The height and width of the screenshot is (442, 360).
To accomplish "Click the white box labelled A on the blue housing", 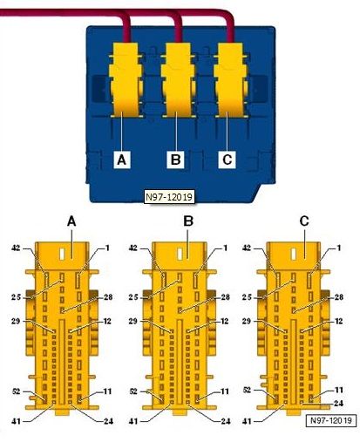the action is pos(122,160).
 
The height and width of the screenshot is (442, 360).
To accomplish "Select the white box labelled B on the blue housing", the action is pos(175,160).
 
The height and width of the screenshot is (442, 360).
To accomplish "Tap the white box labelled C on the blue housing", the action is pos(227,160).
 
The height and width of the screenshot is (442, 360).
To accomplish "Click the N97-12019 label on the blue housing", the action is pos(169,197).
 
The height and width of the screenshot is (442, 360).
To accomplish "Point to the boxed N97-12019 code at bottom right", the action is pos(331,420).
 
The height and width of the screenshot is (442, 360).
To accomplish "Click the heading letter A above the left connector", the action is pos(71,222).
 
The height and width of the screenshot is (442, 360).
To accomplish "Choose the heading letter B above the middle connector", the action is pos(188,221).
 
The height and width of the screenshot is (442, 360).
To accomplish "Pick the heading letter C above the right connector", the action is pos(304,221).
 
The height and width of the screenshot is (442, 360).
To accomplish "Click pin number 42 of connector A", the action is pos(16,248).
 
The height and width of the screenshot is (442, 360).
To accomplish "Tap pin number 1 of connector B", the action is pos(225,248).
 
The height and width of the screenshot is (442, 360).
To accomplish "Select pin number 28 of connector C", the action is pos(339,297).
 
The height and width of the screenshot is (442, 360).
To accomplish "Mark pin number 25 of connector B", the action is pos(133,297).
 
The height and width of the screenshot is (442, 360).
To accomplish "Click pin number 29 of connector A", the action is pos(16,321).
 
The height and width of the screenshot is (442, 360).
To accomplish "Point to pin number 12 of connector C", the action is pos(339,321).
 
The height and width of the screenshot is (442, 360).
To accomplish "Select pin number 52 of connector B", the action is pos(133,391).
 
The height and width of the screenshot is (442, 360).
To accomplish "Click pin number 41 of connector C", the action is pos(247,421).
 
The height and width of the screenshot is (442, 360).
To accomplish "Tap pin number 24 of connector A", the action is pos(108,421).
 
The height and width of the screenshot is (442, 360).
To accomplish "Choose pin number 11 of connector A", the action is pos(107,391).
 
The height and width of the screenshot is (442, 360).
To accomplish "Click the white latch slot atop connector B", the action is pos(180,254).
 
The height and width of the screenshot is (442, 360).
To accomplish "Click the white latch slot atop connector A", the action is pos(62,254).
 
